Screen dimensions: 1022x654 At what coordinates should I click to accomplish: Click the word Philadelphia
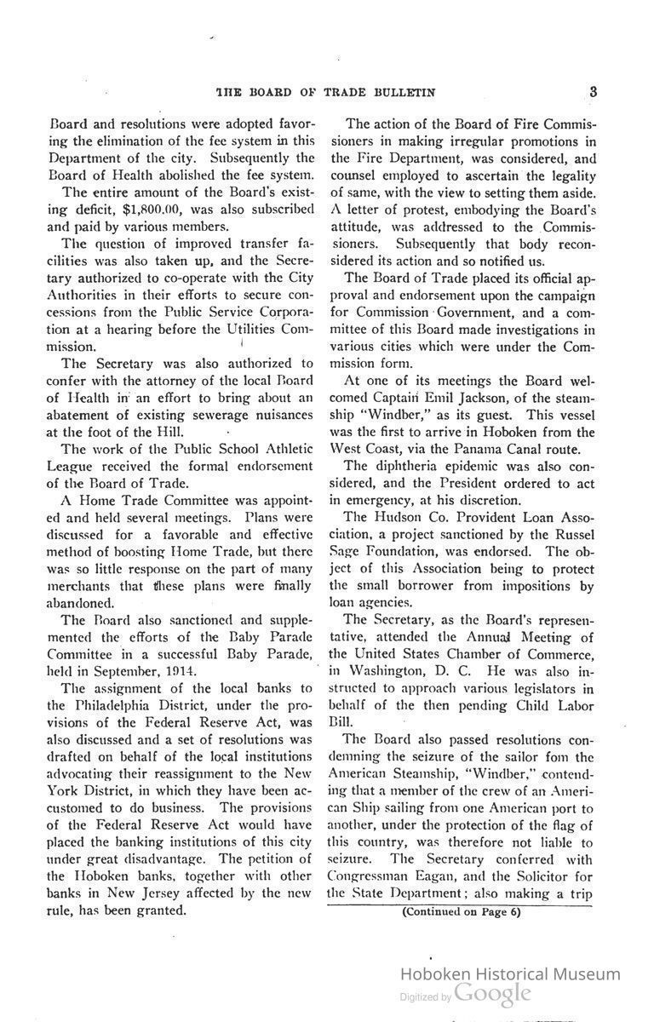[x=103, y=703]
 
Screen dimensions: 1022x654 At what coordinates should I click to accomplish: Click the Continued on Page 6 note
[x=461, y=911]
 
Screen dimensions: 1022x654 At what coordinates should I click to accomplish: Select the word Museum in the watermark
[x=585, y=974]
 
